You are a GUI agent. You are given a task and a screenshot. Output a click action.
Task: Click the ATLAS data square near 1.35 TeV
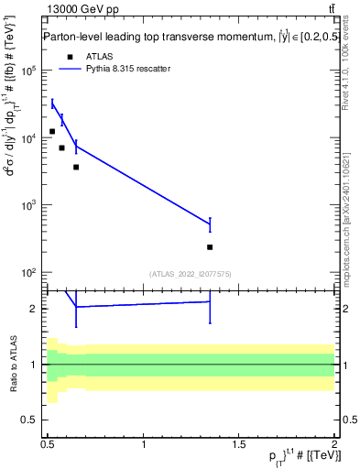pyautogui.click(x=210, y=247)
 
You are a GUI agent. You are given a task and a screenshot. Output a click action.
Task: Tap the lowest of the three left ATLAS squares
pyautogui.click(x=76, y=167)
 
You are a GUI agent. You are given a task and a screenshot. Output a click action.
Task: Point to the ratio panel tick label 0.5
pyautogui.click(x=31, y=420)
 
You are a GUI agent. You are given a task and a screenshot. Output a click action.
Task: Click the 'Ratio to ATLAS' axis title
pyautogui.click(x=14, y=365)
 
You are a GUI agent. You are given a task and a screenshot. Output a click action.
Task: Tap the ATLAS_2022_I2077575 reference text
pyautogui.click(x=190, y=274)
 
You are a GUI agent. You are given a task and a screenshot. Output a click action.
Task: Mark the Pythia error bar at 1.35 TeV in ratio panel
pyautogui.click(x=210, y=302)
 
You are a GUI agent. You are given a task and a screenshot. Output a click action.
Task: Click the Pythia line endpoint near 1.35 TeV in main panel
pyautogui.click(x=210, y=224)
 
